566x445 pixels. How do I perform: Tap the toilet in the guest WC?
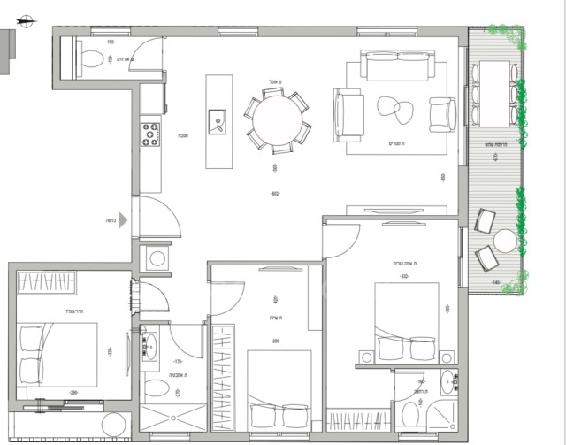pyautogui.click(x=89, y=59)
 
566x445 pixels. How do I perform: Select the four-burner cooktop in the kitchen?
pyautogui.click(x=150, y=134)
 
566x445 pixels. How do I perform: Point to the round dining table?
pyautogui.click(x=277, y=122)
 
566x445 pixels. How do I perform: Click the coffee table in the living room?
pyautogui.click(x=395, y=108)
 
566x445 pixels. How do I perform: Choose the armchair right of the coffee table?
pyautogui.click(x=440, y=113)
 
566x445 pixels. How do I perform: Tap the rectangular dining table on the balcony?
pyautogui.click(x=493, y=95)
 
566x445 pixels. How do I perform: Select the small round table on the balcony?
pyautogui.click(x=505, y=241)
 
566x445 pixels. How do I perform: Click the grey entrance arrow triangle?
pyautogui.click(x=125, y=221)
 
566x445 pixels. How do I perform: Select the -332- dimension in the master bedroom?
pyautogui.click(x=403, y=277)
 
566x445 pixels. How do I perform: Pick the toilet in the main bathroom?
pyautogui.click(x=156, y=388)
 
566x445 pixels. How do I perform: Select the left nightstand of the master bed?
pyautogui.click(x=363, y=358)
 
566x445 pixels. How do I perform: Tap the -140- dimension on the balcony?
pyautogui.click(x=496, y=283)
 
